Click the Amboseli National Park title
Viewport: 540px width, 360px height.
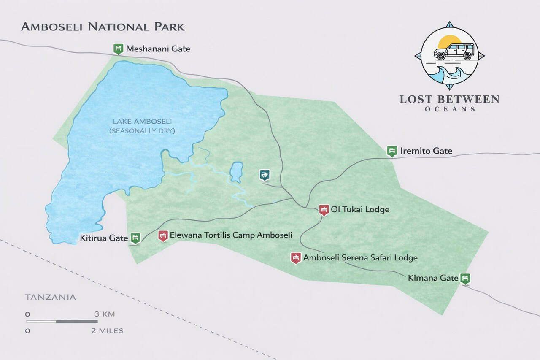coord(103,27)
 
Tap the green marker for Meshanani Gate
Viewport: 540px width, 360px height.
coord(118,48)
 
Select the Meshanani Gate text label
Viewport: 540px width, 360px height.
coord(158,49)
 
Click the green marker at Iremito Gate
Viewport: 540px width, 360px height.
coord(392,151)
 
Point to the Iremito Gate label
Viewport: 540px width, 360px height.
coord(426,151)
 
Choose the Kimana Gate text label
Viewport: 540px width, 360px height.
coord(433,279)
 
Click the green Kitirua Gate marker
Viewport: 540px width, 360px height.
coord(135,238)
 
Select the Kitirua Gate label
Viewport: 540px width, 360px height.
coord(104,238)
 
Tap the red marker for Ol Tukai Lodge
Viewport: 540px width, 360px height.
coord(324,209)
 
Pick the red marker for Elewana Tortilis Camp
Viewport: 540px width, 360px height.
coord(163,235)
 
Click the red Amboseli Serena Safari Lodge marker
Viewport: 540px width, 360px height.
coord(296,257)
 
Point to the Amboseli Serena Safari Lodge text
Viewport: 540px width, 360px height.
coord(360,258)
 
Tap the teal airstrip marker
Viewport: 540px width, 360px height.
coord(265,174)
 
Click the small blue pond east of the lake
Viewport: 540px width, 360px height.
coord(235,172)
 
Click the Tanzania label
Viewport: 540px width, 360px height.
coord(51,297)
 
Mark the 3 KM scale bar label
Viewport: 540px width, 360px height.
coord(104,314)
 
